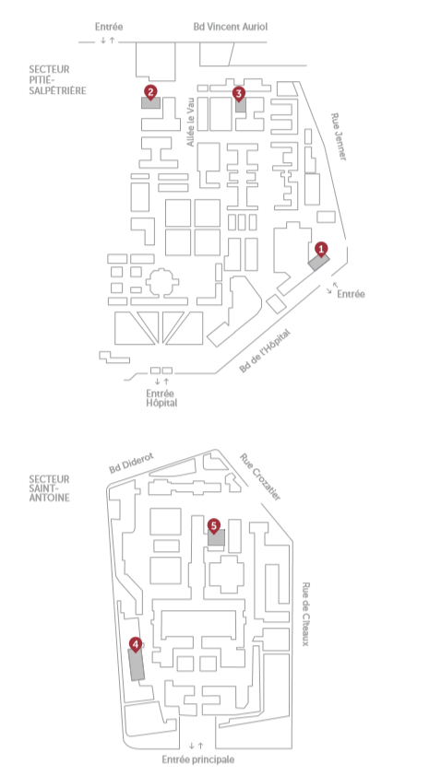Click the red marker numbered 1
tap(321, 249)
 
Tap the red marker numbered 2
tap(150, 91)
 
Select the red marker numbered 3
tap(239, 93)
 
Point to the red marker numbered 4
tap(136, 644)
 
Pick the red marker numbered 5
tap(213, 525)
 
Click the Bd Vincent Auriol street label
tap(231, 27)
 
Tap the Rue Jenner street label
tap(339, 136)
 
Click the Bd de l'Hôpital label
tap(265, 351)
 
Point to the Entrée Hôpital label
tap(161, 398)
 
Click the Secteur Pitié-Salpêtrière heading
tap(57, 79)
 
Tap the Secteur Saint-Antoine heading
tap(49, 488)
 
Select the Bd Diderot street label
tap(132, 463)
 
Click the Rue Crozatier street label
tap(261, 476)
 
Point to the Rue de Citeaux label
tap(305, 614)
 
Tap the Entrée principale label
tap(198, 759)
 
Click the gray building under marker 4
tap(137, 664)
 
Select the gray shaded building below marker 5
tap(217, 537)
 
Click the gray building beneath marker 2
tap(150, 102)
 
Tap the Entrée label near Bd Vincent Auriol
tap(109, 27)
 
